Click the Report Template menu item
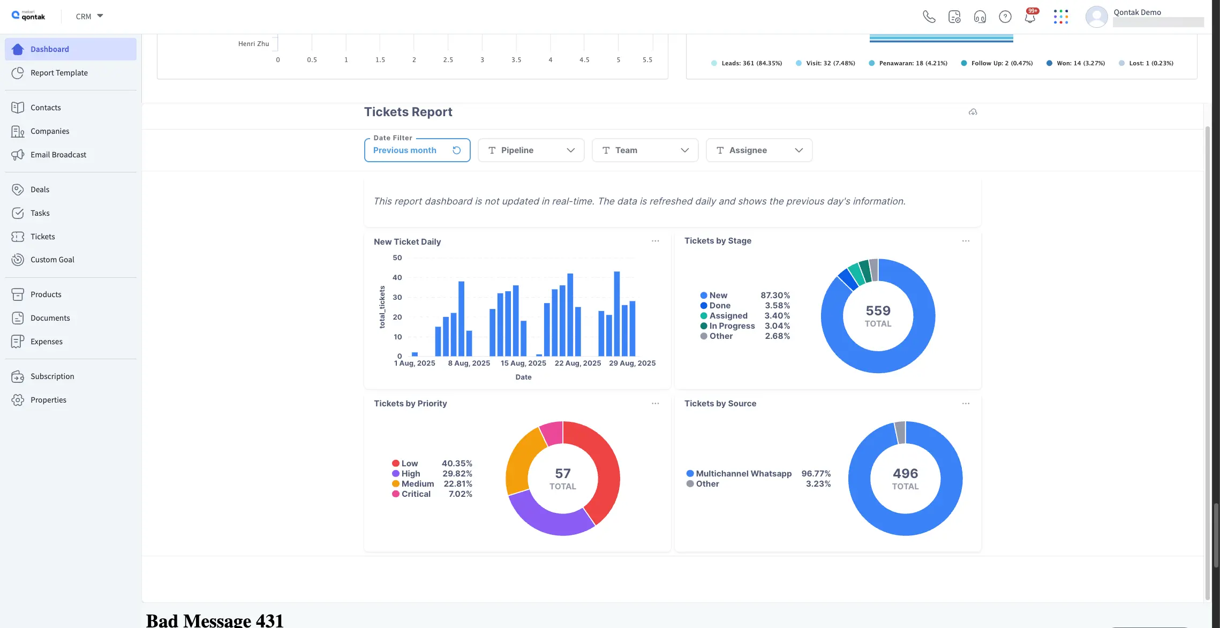[59, 73]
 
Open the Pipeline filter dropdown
[530, 150]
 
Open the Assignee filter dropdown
[758, 150]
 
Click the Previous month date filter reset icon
[456, 150]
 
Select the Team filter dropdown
[644, 150]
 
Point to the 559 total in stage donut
[878, 311]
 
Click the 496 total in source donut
[905, 474]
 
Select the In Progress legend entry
[732, 326]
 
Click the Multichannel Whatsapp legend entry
[743, 474]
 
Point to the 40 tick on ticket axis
[397, 277]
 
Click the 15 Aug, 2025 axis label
[523, 363]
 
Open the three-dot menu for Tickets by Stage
[966, 241]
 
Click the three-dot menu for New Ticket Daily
[655, 241]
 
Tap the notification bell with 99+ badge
[1029, 17]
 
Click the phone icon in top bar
[929, 17]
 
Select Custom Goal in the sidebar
[52, 260]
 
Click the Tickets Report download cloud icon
[973, 112]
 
